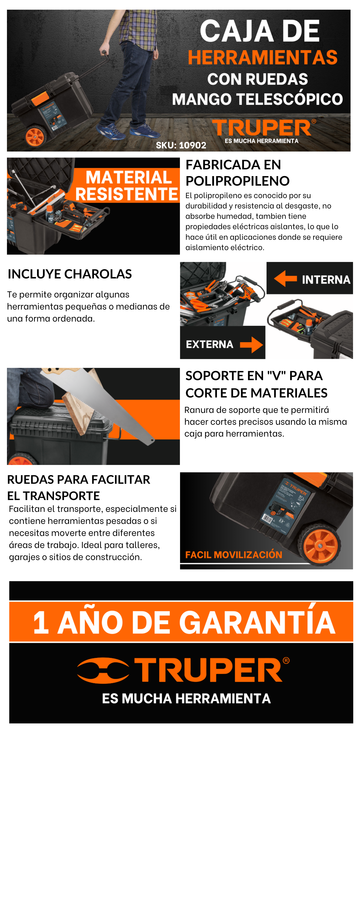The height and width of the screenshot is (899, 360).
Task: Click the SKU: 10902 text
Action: tap(181, 145)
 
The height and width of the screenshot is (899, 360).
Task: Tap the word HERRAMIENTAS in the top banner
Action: tap(263, 58)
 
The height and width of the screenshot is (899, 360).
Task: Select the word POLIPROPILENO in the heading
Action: tap(237, 181)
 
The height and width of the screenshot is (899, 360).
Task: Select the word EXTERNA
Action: tap(210, 344)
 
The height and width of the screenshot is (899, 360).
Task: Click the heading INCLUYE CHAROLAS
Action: tap(70, 274)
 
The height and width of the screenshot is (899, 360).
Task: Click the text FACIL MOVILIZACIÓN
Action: tap(234, 555)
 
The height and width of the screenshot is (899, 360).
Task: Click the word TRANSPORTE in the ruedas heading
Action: tap(61, 496)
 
